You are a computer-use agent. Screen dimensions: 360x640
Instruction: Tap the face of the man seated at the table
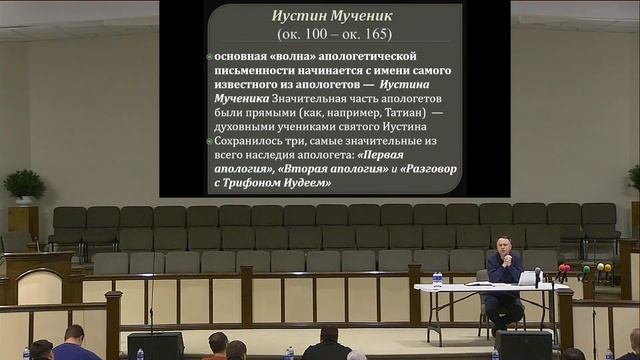[503, 245]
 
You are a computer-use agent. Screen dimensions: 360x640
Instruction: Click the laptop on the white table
[528, 278]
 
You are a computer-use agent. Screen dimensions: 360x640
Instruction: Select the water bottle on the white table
[437, 279]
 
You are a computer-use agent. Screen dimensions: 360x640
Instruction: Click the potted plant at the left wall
[23, 186]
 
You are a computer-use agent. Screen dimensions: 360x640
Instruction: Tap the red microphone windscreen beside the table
[564, 269]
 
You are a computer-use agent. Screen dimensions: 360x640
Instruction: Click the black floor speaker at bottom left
[155, 345]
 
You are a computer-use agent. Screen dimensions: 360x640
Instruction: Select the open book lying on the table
[483, 284]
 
